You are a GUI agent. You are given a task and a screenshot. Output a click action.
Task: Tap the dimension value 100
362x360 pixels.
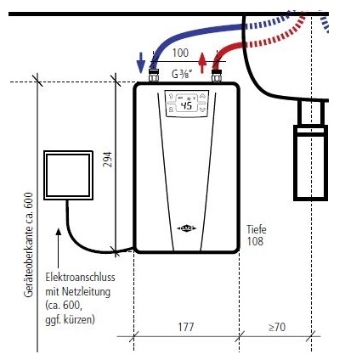(180, 53)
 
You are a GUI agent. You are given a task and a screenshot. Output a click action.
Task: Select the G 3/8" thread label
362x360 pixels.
(183, 74)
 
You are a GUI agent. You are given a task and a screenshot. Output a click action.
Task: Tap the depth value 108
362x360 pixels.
(255, 242)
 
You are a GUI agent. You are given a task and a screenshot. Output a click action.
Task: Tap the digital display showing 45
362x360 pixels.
(187, 106)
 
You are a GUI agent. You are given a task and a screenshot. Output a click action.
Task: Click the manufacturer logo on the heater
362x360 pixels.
(187, 228)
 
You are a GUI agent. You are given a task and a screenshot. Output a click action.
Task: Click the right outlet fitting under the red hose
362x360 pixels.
(218, 74)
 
